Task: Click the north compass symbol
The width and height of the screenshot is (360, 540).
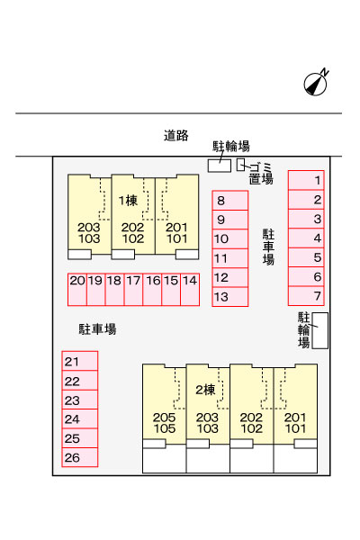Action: pos(316,83)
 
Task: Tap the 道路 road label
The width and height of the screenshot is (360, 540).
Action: pos(176,135)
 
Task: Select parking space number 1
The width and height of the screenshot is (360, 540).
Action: pos(306,180)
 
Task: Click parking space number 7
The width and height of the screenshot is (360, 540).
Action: pos(306,296)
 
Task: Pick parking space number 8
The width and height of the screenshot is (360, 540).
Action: pos(229,201)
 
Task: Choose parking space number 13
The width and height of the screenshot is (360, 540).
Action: pos(229,296)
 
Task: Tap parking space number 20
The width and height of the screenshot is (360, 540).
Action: pos(77,290)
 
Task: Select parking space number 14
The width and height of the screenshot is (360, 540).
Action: pos(190,290)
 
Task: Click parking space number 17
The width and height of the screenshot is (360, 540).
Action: pos(133,290)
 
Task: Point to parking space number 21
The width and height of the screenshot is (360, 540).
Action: pos(80,361)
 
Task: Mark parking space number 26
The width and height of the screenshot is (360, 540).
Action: pos(80,457)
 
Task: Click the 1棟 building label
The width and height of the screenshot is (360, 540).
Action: pos(128,201)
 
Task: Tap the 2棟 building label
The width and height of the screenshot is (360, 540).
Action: pos(205,390)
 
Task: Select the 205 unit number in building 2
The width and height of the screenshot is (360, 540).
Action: pos(165,418)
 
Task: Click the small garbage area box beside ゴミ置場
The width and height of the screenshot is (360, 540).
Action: pos(240,165)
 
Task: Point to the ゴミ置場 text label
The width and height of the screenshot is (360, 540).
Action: pos(261,174)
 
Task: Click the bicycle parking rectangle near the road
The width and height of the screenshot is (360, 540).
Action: pos(219,166)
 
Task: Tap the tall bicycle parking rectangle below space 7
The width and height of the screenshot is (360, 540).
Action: pos(320,330)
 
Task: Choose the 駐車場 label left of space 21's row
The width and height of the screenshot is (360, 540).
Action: pos(97,329)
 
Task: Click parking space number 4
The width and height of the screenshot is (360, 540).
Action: pos(306,238)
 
